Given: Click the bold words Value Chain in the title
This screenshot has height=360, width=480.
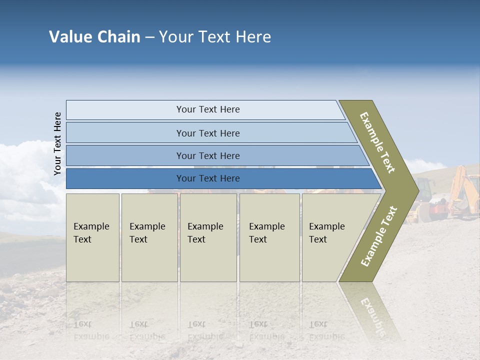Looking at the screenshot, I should point(94,37).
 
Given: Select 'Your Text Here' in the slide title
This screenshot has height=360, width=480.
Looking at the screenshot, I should point(215,37).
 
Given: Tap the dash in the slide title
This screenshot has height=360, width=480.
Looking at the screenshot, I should point(149,37).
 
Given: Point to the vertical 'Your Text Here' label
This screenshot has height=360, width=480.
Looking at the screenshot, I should point(57,143).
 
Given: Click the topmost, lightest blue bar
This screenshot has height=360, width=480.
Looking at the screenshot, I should point(207,109).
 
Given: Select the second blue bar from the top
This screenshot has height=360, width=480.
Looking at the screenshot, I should point(207,133).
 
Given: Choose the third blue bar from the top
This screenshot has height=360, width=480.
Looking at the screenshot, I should point(207,155).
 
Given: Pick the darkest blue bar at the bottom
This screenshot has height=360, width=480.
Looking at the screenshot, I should point(207,178).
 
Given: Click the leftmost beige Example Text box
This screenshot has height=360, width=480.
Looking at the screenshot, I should point(92,237).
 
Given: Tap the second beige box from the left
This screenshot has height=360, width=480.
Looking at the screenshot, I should point(149,237).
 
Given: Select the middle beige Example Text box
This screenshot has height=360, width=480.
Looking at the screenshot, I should point(208,237).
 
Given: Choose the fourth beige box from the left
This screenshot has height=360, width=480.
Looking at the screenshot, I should point(269,237).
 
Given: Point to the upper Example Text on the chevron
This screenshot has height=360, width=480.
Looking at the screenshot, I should point(377,142).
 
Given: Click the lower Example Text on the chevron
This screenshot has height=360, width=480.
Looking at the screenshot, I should point(378,236).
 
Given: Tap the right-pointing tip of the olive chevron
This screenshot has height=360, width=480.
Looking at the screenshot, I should point(416,190).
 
